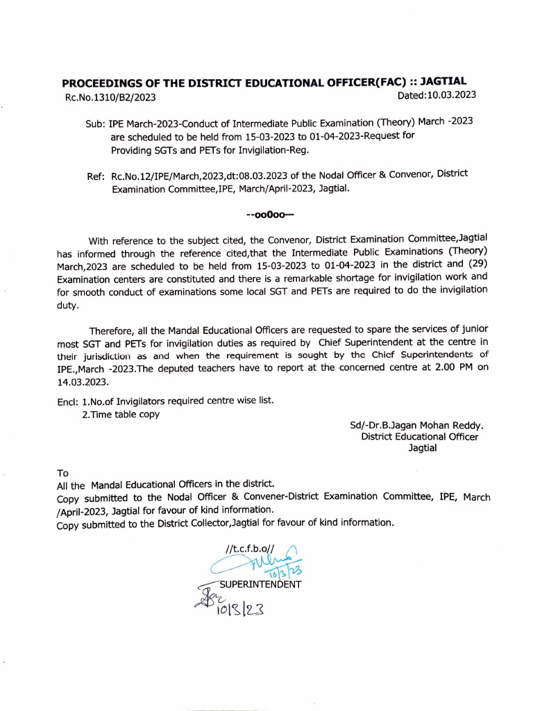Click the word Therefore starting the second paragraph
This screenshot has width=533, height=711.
pyautogui.click(x=113, y=331)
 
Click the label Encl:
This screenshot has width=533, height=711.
pyautogui.click(x=68, y=401)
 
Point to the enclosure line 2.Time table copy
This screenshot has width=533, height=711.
pyautogui.click(x=121, y=415)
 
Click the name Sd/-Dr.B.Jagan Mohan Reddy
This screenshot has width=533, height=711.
pyautogui.click(x=417, y=425)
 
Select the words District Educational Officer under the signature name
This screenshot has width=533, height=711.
pyautogui.click(x=419, y=437)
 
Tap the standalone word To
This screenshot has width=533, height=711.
pyautogui.click(x=62, y=472)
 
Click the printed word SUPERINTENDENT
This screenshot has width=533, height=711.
pyautogui.click(x=260, y=584)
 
